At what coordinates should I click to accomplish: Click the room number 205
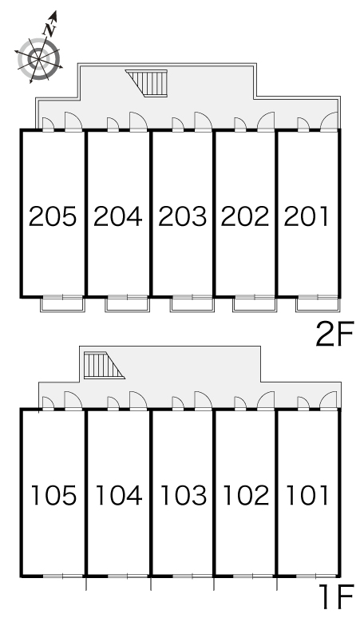[53, 216]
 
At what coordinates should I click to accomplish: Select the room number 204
[117, 216]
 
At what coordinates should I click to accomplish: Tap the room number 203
[182, 216]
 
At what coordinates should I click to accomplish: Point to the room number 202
[244, 216]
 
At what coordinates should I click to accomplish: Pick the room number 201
[306, 216]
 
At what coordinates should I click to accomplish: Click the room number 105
[53, 495]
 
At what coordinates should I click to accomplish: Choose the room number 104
[119, 495]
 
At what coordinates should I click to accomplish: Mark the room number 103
[184, 495]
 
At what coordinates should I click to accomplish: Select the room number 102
[246, 495]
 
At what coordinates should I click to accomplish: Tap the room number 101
[307, 495]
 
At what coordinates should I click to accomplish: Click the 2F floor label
[334, 334]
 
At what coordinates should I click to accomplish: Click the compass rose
[39, 58]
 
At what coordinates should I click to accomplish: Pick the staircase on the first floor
[103, 366]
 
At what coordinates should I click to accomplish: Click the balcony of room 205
[63, 303]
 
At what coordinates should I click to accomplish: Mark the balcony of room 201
[318, 303]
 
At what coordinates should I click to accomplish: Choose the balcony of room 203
[192, 303]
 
